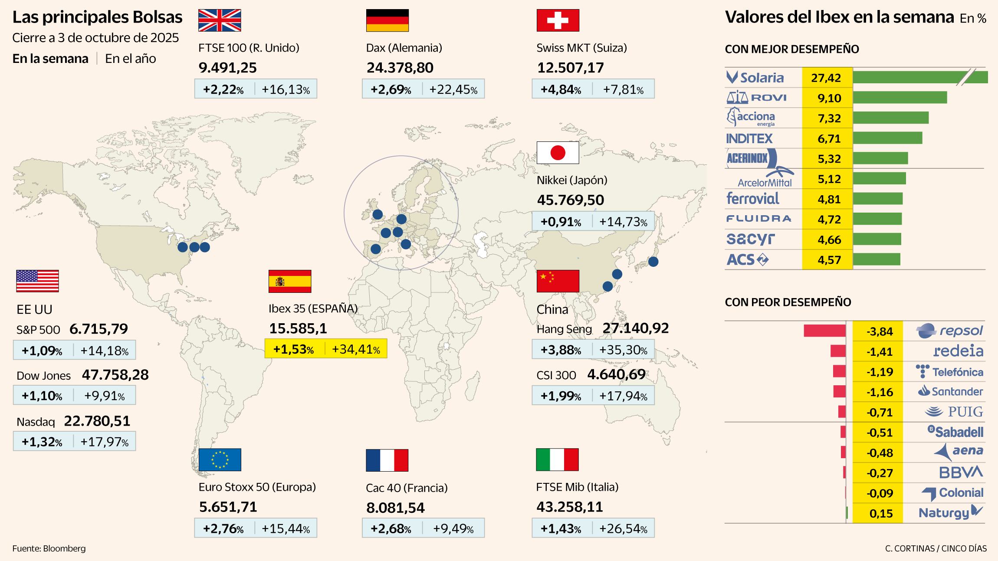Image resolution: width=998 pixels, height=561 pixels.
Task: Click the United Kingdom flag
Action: [x=220, y=20]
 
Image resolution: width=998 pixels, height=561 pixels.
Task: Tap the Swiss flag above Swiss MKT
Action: [x=558, y=20]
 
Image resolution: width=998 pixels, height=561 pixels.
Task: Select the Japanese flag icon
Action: [x=558, y=153]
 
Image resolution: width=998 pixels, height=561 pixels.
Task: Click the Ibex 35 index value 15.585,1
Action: [x=298, y=328]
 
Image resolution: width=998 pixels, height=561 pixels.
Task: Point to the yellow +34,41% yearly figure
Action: [x=356, y=349]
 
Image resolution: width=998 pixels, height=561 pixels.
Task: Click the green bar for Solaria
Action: [x=920, y=77]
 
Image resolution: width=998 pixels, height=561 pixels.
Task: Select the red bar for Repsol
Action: [x=824, y=331]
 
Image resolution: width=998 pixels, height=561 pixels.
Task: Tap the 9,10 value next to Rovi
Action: [x=829, y=98]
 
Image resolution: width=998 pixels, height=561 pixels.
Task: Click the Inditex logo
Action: [x=749, y=138]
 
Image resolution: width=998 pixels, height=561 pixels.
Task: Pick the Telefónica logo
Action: [x=949, y=372]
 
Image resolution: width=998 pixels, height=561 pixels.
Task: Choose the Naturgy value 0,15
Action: [x=881, y=514]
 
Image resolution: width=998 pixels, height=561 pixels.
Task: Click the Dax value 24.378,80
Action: [x=400, y=68]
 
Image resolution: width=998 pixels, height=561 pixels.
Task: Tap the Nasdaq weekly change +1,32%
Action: [x=42, y=442]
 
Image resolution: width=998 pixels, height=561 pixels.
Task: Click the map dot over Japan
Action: [x=653, y=262]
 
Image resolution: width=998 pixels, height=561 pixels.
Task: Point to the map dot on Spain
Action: [x=376, y=249]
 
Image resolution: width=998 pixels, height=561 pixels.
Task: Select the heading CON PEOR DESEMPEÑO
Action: [x=788, y=302]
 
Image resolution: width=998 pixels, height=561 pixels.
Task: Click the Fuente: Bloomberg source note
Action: [x=49, y=548]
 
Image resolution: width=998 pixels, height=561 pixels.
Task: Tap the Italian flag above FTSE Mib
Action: [x=557, y=460]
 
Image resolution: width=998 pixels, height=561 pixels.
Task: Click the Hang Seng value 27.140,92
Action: [x=635, y=328]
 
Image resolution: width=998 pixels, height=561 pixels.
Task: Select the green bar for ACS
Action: [x=877, y=259]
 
